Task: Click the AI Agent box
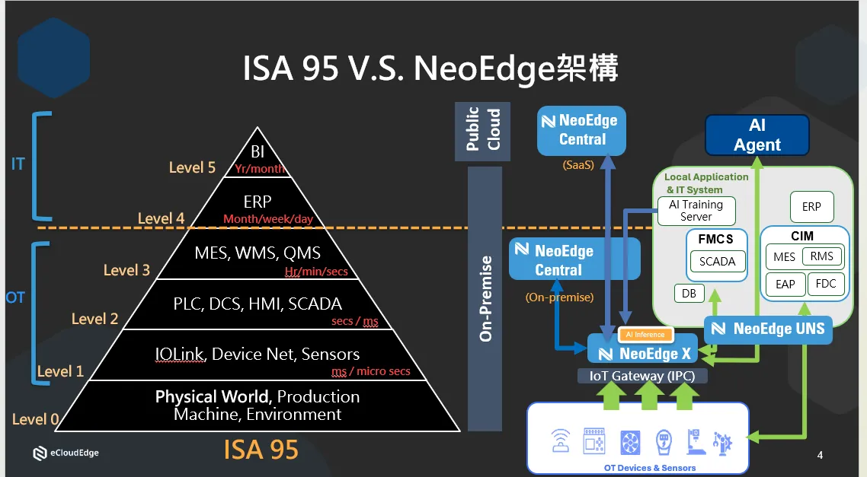click(x=757, y=135)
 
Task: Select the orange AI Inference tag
click(x=645, y=334)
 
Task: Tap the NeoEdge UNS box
click(x=767, y=329)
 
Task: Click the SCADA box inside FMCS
click(x=717, y=262)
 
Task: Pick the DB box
click(x=689, y=293)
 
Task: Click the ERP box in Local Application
click(x=811, y=207)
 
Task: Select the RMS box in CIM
click(x=821, y=256)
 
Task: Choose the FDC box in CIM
click(x=825, y=284)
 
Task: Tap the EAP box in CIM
click(x=785, y=285)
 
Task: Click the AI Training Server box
click(x=696, y=210)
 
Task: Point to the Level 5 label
click(x=192, y=167)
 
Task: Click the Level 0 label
click(x=35, y=419)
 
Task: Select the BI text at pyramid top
click(x=258, y=152)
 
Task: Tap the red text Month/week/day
click(x=268, y=219)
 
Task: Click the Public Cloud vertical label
click(x=482, y=130)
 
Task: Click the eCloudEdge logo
click(x=66, y=453)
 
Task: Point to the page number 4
click(x=820, y=456)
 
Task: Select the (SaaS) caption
click(x=578, y=164)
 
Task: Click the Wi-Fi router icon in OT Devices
click(x=561, y=440)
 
